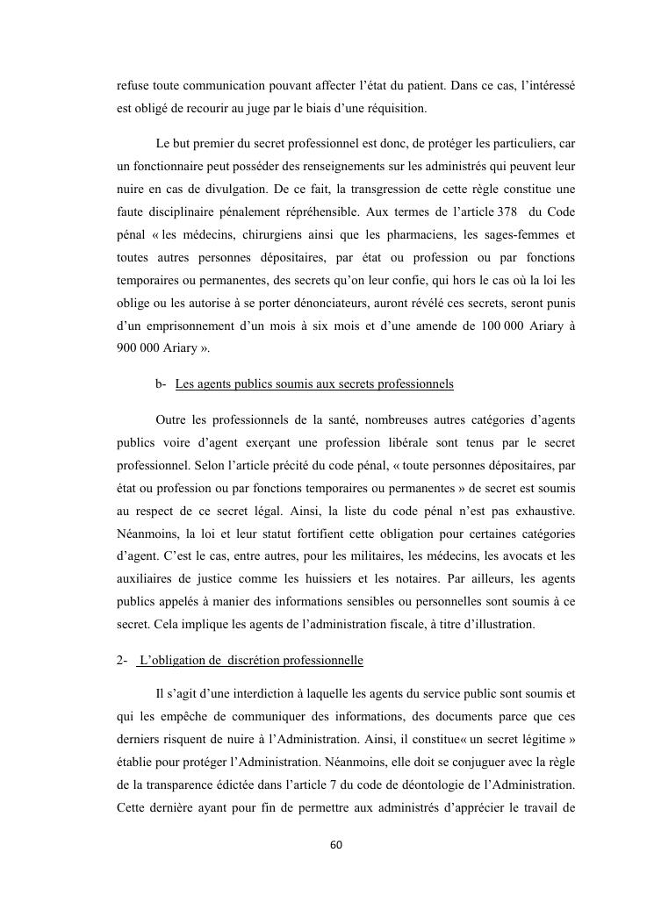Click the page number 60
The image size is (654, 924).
[335, 845]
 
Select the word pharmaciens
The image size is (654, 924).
[420, 235]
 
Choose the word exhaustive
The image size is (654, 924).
[543, 509]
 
